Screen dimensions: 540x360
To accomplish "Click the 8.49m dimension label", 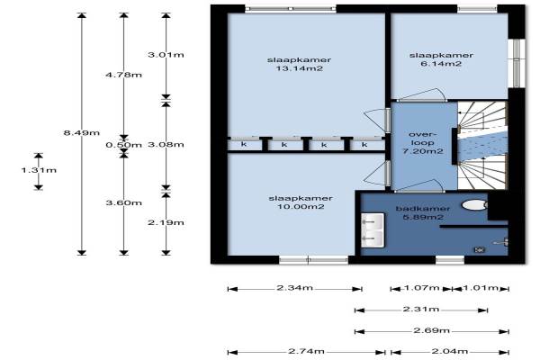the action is coord(82,132).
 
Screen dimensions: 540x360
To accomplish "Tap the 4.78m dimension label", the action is coord(123,75).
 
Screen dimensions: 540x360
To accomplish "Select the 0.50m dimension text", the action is coord(123,145).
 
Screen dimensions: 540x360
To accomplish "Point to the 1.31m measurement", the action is coord(39,170).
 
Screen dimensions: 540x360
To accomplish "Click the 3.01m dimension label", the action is coord(166,55).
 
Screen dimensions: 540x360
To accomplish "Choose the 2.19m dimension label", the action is coord(166,223).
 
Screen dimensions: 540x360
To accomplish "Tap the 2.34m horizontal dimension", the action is coord(295,288).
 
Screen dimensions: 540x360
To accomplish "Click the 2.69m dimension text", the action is coord(431,330).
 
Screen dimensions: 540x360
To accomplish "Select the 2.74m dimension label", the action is coord(307,351).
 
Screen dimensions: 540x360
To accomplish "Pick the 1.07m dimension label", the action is coord(421,288).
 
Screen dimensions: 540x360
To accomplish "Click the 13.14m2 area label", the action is coord(300,68).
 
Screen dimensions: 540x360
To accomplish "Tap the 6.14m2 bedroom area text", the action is coord(441,64).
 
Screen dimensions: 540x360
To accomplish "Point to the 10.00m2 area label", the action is coord(301,207).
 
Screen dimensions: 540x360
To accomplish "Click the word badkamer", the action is coord(423,209).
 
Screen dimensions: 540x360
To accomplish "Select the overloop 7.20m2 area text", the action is coord(423,142).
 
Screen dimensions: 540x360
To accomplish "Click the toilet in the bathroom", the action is coord(474,205).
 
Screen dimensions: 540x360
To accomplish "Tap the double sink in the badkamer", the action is coord(373,230).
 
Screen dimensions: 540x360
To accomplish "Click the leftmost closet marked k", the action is coord(245,145).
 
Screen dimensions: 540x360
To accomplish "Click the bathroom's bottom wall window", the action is coord(450,260).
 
